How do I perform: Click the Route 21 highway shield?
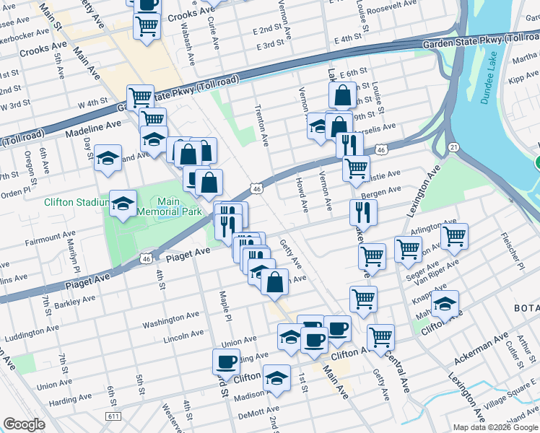[452, 146]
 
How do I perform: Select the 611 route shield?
[113, 416]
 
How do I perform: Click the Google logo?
[24, 424]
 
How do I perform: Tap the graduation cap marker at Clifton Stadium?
[123, 204]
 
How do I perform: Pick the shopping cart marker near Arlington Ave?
[454, 235]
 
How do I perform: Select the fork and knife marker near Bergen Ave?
[363, 211]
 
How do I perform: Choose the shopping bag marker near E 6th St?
[343, 95]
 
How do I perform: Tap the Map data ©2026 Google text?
[495, 427]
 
